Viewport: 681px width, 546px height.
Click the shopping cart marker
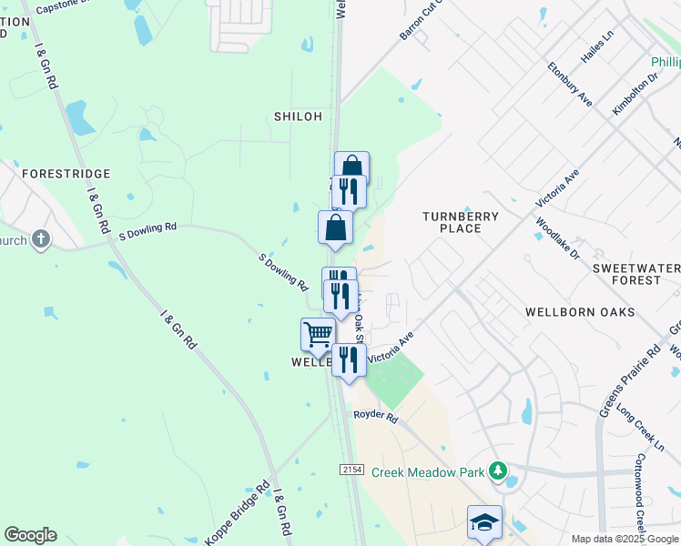click(318, 334)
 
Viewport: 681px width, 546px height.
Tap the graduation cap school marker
click(484, 522)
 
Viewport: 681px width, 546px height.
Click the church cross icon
click(40, 239)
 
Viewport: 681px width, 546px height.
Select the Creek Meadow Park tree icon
click(497, 470)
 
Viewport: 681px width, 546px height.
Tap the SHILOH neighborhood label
click(299, 116)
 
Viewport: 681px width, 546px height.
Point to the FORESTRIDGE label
click(66, 173)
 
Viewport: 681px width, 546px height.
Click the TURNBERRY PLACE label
click(461, 222)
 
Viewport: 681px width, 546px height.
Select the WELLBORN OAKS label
click(580, 312)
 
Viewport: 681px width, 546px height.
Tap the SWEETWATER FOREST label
click(636, 274)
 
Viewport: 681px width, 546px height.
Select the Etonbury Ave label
click(570, 85)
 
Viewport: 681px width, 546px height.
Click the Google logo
click(30, 535)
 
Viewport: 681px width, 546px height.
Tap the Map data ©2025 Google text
click(625, 539)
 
